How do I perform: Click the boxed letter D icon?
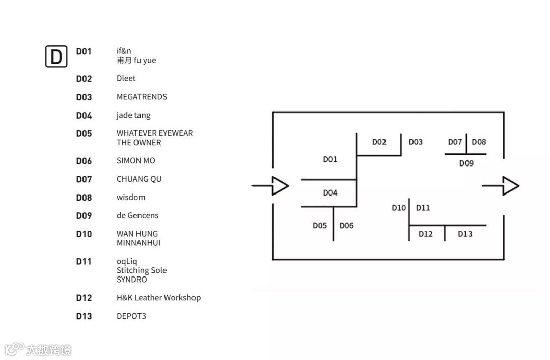56,56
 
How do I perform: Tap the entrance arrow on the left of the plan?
271,186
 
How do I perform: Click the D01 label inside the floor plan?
330,159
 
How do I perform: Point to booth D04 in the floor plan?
330,192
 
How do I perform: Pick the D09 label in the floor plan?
466,163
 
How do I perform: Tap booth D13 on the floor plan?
465,234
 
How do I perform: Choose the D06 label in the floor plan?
346,225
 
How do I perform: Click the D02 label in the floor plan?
379,142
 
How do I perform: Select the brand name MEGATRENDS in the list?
142,97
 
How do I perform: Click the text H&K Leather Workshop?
158,298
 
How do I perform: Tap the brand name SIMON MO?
135,161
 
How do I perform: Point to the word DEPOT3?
131,316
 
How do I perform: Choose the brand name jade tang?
133,115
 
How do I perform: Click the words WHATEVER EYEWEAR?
155,133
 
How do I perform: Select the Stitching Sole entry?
142,270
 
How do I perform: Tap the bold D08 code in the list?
84,198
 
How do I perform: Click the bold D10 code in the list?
84,234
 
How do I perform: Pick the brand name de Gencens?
137,216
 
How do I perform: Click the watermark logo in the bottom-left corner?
38,349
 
